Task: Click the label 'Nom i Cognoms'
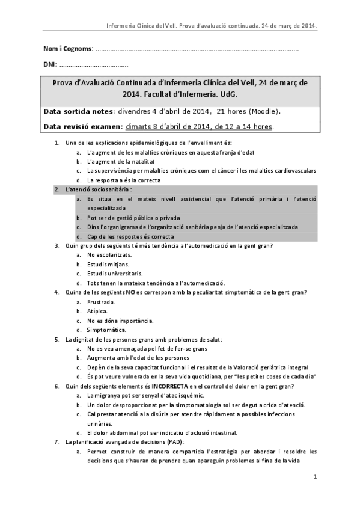(68, 48)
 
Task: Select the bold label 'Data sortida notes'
(78, 111)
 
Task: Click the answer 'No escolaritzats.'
(109, 255)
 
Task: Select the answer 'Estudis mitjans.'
(108, 264)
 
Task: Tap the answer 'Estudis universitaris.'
(115, 273)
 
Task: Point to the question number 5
(56, 339)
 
